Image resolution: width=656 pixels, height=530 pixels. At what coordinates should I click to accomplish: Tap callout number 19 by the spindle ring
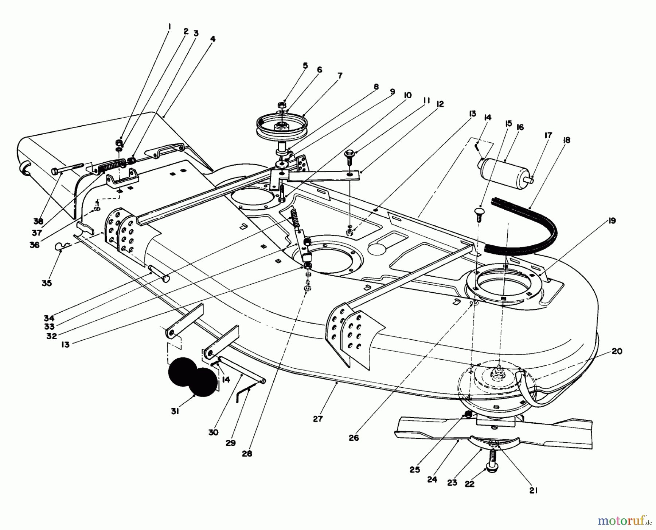(x=612, y=221)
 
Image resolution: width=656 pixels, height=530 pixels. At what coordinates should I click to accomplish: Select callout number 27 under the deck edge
(x=318, y=419)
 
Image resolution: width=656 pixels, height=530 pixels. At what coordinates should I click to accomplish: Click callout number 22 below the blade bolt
(x=470, y=484)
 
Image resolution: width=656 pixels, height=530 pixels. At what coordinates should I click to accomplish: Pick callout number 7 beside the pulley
(x=340, y=76)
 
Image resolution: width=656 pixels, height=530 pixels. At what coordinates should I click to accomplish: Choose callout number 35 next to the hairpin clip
(x=47, y=283)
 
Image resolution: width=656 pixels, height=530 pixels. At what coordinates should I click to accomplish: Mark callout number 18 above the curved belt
(x=566, y=140)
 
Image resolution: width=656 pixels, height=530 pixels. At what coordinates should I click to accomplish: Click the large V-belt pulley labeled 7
(x=281, y=126)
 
